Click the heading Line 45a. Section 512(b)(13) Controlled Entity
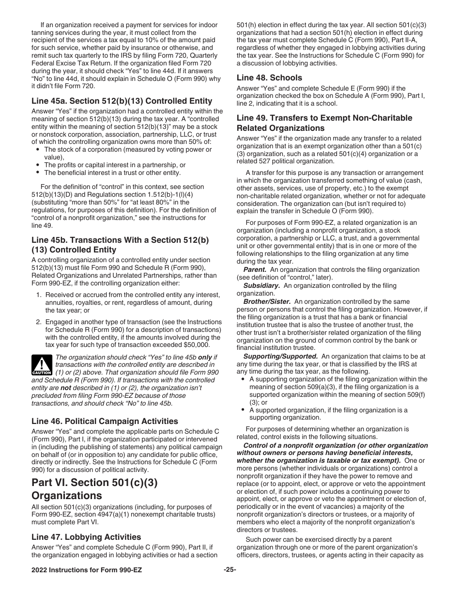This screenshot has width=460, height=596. pos(122,101)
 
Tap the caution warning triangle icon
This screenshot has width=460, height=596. pos(41,365)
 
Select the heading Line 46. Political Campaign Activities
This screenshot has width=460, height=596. pos(105,421)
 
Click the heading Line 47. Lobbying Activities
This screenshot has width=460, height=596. pos(86,537)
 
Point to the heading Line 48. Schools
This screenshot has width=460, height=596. pos(269,78)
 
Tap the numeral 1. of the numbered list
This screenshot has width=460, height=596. pos(39,295)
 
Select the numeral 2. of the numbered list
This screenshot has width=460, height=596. pos(39,322)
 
